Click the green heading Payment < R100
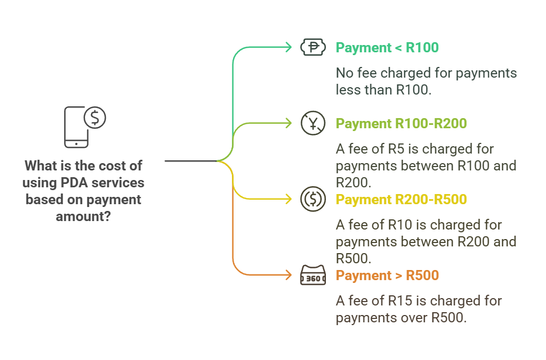coord(387,48)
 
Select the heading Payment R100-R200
coord(401,124)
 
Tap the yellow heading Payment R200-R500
coord(401,200)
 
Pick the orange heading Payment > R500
coord(387,276)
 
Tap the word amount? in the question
coord(83,217)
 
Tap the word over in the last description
coord(415,318)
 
